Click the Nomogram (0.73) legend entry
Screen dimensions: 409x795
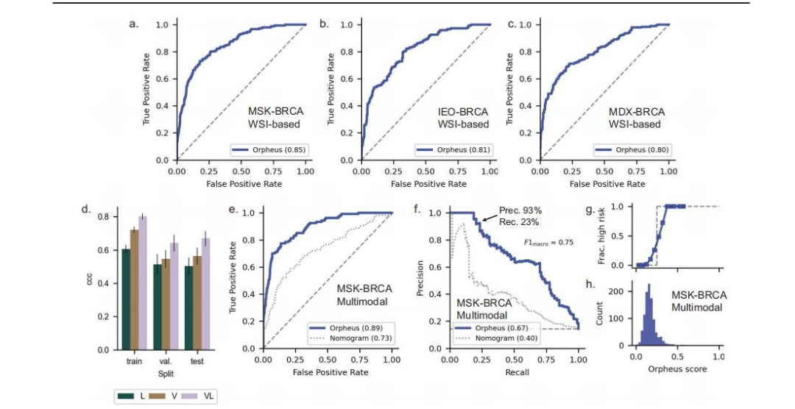click(x=354, y=338)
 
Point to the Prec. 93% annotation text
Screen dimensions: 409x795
click(x=520, y=209)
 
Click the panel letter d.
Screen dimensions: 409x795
click(x=86, y=210)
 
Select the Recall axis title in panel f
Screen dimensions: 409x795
click(x=514, y=373)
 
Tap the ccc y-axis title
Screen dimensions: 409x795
click(x=90, y=282)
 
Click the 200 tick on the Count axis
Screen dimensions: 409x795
click(x=621, y=291)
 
